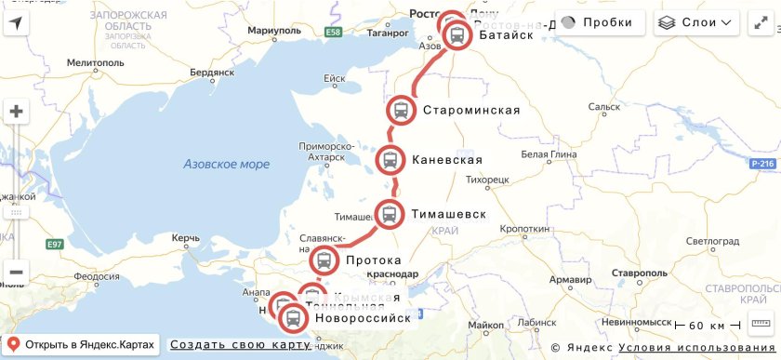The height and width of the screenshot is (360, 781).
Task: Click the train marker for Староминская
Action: [401, 111]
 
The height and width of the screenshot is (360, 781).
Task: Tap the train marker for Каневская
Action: [390, 160]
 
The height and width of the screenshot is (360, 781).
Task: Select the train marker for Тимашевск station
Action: [389, 214]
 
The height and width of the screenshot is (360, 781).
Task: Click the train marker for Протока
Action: [324, 261]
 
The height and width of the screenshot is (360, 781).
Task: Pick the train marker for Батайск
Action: [457, 35]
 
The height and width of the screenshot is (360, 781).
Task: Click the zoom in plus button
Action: [17, 113]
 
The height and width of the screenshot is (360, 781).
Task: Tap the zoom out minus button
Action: [17, 272]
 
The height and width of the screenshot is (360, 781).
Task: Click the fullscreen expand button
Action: [759, 22]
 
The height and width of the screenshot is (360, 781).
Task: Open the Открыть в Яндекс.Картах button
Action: [81, 344]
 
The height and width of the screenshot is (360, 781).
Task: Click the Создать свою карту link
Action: [239, 344]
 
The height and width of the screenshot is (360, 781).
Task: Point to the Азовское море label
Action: [226, 165]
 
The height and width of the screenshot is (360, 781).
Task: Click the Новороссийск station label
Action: [363, 318]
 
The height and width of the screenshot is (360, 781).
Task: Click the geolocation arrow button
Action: [17, 22]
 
